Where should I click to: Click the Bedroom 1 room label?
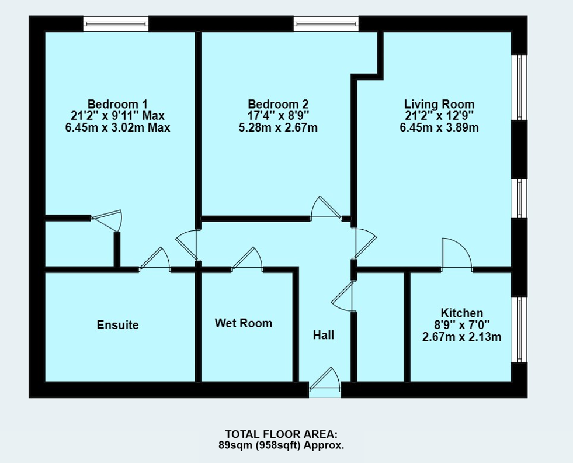[x=117, y=103]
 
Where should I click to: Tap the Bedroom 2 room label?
[x=278, y=103]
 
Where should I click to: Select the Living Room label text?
[x=439, y=103]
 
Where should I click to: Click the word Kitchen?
[x=461, y=313]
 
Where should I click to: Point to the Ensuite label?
[x=117, y=324]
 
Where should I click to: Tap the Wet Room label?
[x=244, y=323]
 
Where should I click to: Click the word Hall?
[x=324, y=335]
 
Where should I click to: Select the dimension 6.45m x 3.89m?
[x=439, y=127]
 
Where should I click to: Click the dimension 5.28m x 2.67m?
[x=278, y=127]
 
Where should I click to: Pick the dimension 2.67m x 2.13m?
[x=461, y=337]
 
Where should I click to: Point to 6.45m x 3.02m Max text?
[x=117, y=127]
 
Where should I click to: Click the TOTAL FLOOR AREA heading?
[x=282, y=434]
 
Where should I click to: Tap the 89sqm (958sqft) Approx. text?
[x=282, y=445]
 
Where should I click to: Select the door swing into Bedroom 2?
[x=325, y=209]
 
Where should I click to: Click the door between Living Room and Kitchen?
[x=456, y=255]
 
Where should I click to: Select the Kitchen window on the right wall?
[x=519, y=330]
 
